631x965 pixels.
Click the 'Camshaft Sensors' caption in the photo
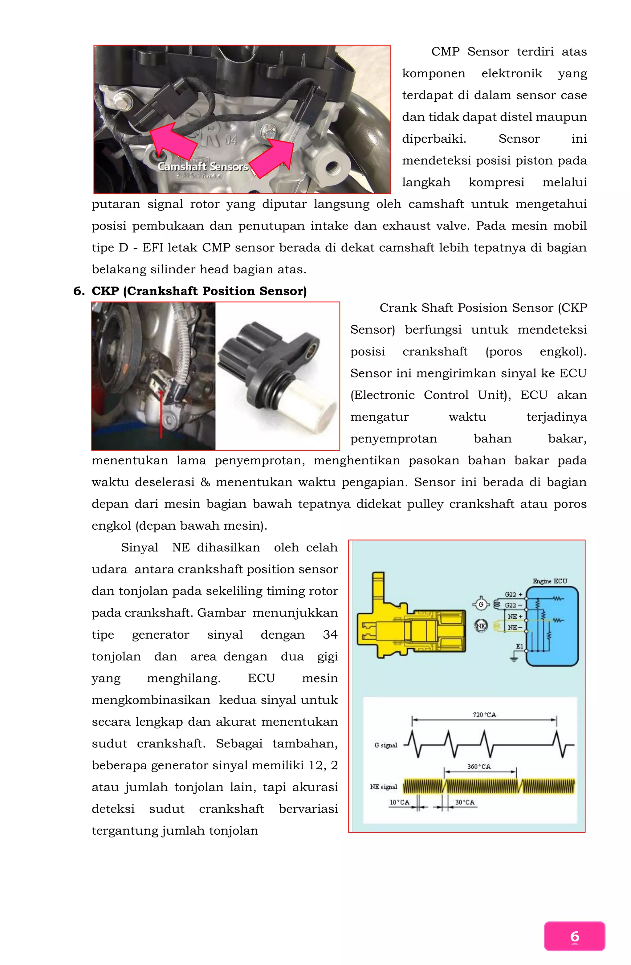coord(202,167)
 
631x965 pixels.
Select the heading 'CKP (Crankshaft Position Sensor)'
coord(199,291)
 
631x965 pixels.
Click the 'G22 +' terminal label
coord(513,594)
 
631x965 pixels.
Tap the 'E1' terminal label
coord(519,646)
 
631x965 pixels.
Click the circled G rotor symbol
coord(481,605)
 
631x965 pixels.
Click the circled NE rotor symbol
coord(481,626)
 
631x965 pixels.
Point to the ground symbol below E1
coord(514,658)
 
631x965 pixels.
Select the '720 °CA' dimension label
coord(484,715)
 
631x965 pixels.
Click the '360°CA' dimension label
coord(478,767)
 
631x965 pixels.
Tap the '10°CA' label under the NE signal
coord(399,802)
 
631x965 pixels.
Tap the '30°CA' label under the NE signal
coord(464,802)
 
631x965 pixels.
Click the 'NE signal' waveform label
coord(383,787)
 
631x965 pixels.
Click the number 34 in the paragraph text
coord(330,634)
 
